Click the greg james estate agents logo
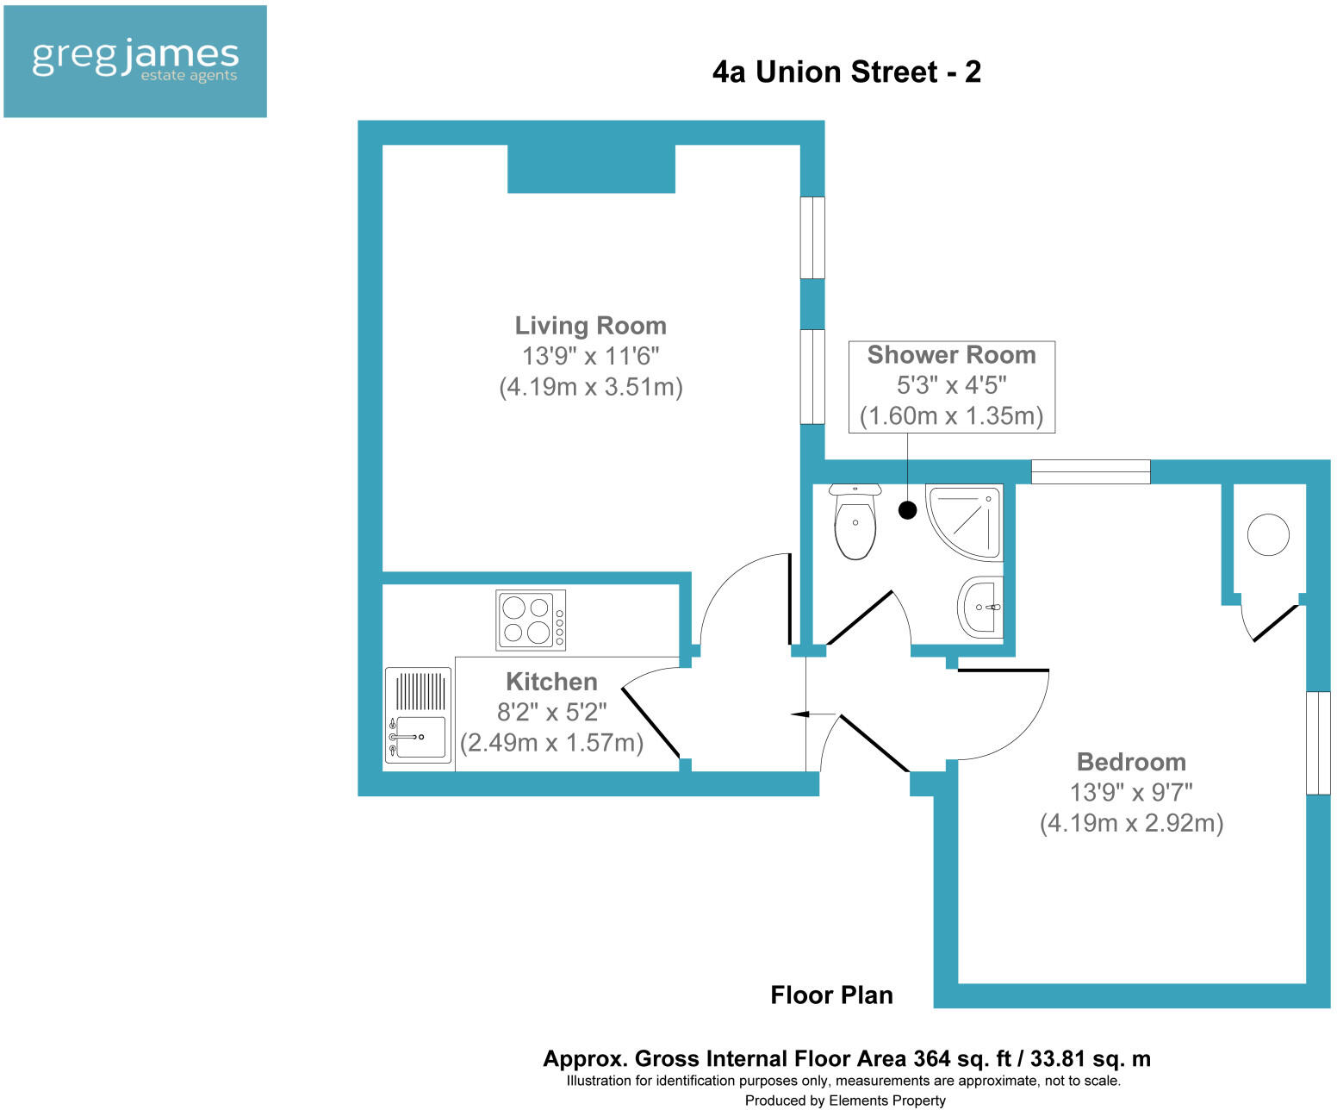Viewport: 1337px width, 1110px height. tap(135, 61)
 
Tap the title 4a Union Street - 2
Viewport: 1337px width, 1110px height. tap(846, 72)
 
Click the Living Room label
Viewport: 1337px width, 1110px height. tap(590, 326)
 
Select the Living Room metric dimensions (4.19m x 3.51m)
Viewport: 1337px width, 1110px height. tap(590, 387)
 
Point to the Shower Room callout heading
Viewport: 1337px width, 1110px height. tap(951, 355)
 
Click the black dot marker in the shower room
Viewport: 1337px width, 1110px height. tap(907, 510)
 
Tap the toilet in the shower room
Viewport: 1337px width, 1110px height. tap(855, 522)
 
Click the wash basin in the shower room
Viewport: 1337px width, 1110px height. tap(981, 607)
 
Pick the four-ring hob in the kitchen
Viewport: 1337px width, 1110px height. tap(531, 620)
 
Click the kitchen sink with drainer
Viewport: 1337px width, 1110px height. tap(419, 716)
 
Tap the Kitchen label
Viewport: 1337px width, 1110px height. tap(551, 682)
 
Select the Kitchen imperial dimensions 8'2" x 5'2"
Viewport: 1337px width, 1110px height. tap(551, 712)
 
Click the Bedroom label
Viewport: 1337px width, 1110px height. tap(1131, 762)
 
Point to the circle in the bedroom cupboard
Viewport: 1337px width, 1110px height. tap(1268, 534)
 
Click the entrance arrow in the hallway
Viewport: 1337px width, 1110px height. tap(801, 714)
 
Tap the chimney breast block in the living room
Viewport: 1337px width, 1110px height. tap(591, 169)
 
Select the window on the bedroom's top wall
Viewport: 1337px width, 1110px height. tap(1091, 471)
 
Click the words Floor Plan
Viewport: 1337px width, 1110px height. tap(831, 995)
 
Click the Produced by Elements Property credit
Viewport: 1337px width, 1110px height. tap(845, 1101)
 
